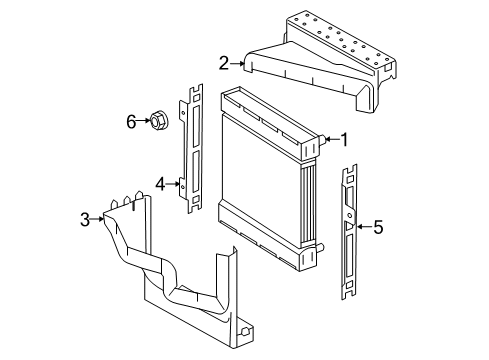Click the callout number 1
(x=343, y=141)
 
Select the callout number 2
(x=224, y=63)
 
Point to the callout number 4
(x=160, y=183)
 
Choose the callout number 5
(x=378, y=227)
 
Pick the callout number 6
(x=129, y=123)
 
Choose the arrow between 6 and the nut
(x=142, y=123)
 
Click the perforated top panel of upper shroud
(x=335, y=35)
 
